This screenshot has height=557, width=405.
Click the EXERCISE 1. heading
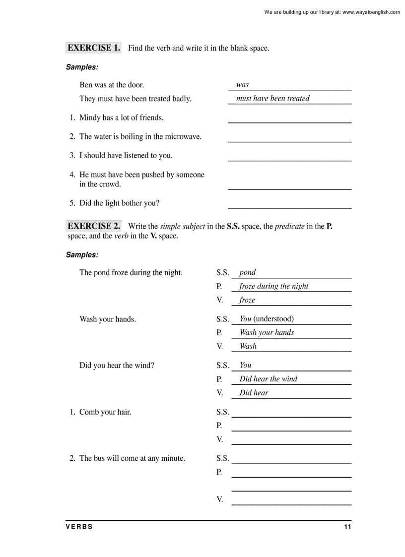94,48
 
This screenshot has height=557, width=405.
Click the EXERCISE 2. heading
94,226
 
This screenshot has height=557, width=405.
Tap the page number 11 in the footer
347,527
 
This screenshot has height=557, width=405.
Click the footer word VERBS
79,527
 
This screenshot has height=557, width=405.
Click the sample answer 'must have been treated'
272,99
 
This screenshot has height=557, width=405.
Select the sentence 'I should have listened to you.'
126,155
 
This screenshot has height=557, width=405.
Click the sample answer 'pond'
247,272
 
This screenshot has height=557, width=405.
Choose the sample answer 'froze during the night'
273,286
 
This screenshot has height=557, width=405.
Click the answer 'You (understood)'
267,319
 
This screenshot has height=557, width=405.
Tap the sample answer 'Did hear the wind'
268,379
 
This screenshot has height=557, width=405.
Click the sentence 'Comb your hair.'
105,412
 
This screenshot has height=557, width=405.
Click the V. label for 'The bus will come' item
219,499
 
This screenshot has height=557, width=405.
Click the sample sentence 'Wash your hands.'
108,319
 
